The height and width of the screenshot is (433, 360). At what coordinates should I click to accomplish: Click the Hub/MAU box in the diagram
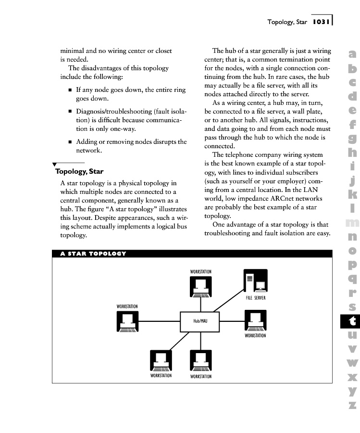point(200,321)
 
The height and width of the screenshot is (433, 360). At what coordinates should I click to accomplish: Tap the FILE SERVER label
point(255,298)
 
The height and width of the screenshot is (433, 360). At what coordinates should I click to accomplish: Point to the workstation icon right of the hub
point(255,320)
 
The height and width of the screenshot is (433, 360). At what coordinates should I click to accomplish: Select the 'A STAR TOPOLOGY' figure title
point(93,254)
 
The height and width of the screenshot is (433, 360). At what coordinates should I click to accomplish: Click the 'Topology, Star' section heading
point(79,171)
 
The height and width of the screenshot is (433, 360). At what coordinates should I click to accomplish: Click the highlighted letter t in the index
point(352,320)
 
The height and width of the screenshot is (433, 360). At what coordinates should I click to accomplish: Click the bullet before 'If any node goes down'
point(70,90)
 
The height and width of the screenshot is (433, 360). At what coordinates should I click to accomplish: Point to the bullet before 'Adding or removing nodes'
point(70,142)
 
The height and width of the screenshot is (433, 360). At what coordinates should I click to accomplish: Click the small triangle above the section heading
point(54,165)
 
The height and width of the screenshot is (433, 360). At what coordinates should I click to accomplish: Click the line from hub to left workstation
point(159,321)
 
